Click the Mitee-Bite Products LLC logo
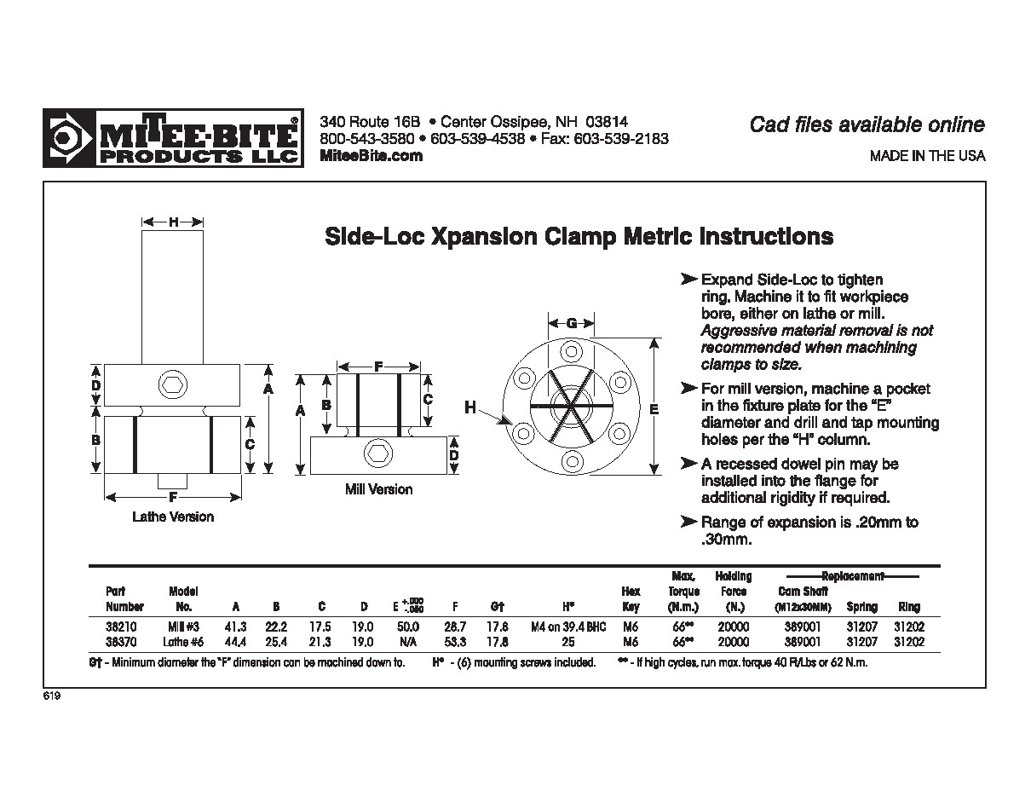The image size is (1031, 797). coord(173,138)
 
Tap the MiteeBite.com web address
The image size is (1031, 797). coord(372,155)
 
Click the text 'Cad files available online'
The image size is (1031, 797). coord(867,124)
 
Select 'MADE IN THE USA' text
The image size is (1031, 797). coord(927,156)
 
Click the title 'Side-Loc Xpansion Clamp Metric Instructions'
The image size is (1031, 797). coord(579,236)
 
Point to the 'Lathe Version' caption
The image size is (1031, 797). coord(173,517)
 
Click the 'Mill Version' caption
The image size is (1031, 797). coord(378,489)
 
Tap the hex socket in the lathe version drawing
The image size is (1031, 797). coord(171,384)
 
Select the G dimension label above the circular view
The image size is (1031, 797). coord(572,323)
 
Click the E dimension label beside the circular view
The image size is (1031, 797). coord(654,409)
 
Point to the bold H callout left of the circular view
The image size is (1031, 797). coord(470,408)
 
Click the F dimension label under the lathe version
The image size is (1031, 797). coord(173,496)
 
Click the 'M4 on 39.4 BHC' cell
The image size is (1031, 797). coord(567,627)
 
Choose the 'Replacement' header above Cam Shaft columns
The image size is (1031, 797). coord(853,576)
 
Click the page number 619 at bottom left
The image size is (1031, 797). coord(52,696)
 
